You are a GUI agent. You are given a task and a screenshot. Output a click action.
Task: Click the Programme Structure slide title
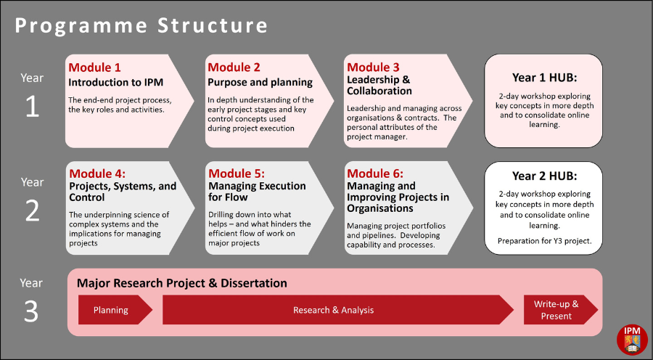141,25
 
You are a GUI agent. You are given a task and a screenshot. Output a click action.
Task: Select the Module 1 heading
94,67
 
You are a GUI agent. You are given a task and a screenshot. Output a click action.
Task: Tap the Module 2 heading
234,67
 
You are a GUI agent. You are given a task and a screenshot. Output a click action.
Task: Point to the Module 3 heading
373,67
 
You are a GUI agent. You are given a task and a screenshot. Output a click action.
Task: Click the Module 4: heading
97,173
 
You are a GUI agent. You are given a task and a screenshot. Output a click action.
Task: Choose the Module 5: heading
237,173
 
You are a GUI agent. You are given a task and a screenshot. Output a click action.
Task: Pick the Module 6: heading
375,173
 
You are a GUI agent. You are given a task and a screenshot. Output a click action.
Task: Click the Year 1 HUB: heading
544,78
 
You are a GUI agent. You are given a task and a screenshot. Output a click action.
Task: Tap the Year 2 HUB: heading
544,176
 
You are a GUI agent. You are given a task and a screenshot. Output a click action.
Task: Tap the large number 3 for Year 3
31,311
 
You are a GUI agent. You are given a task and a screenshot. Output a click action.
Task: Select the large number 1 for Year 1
32,107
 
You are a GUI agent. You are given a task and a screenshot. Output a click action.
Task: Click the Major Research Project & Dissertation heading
182,283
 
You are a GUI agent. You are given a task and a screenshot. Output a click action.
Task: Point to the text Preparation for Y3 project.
544,241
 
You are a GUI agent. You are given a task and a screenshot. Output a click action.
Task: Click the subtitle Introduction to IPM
116,83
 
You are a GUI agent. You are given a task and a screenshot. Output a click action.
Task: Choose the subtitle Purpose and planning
260,83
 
